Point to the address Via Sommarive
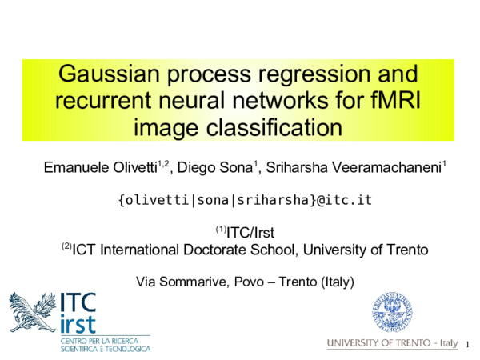coord(172,282)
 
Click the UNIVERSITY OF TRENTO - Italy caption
coord(392,343)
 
